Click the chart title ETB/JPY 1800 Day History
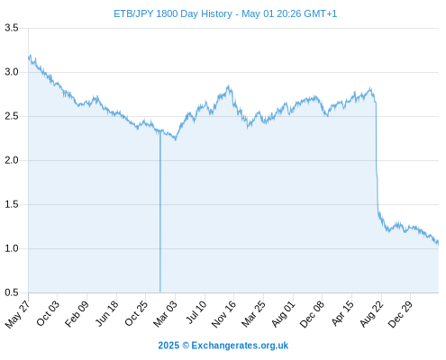tap(173, 13)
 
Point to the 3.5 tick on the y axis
tap(12, 28)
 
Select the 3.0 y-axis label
tap(12, 72)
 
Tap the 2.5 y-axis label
tap(12, 116)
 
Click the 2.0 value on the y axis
tap(12, 160)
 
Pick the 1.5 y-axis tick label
tap(12, 204)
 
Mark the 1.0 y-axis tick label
tap(12, 248)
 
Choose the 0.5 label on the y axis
tap(12, 292)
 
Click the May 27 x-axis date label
tap(17, 314)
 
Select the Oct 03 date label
tap(48, 313)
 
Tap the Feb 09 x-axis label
tap(77, 314)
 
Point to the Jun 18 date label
tap(106, 313)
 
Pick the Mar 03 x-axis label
tap(165, 314)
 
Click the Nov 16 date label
tap(223, 314)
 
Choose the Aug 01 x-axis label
tap(283, 314)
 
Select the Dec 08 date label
tap(312, 314)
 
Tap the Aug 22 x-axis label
tap(372, 314)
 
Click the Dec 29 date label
tap(401, 314)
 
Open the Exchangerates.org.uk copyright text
tap(223, 346)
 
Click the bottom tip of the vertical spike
tap(160, 292)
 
